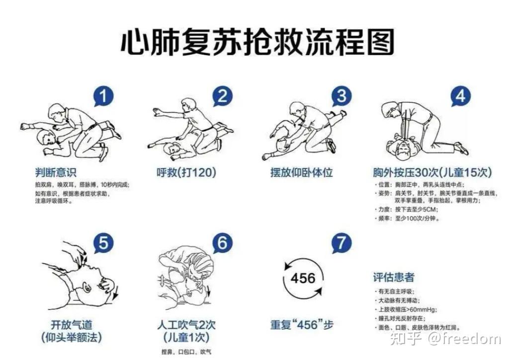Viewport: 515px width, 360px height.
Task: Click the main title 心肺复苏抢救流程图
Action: [x=257, y=42]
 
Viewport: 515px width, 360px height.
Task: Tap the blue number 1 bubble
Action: [x=102, y=97]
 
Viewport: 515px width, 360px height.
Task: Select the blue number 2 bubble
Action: [x=223, y=97]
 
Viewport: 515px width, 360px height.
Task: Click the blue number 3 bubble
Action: [x=341, y=96]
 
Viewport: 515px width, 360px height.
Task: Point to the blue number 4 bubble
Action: [x=460, y=96]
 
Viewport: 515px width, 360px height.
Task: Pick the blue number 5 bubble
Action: [x=102, y=244]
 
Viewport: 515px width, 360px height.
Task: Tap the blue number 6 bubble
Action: [x=222, y=243]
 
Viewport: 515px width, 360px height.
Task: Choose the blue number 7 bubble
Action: [x=341, y=243]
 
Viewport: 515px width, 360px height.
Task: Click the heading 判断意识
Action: [x=56, y=173]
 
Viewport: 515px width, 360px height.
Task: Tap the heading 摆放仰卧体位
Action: [x=301, y=173]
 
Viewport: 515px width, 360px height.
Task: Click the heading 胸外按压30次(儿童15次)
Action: [x=432, y=173]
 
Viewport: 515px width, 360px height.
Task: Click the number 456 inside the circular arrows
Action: [x=303, y=277]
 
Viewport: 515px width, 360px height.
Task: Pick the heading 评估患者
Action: [x=393, y=277]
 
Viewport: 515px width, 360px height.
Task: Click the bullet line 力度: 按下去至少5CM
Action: [x=408, y=210]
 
